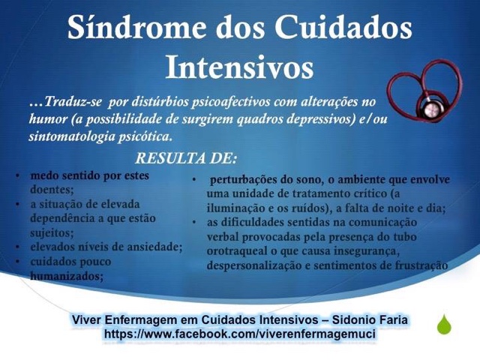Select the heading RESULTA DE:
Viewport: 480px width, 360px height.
(x=186, y=158)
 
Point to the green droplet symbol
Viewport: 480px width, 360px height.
(x=445, y=325)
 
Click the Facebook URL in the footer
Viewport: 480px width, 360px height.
(x=240, y=333)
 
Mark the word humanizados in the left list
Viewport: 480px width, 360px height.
(x=66, y=275)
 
